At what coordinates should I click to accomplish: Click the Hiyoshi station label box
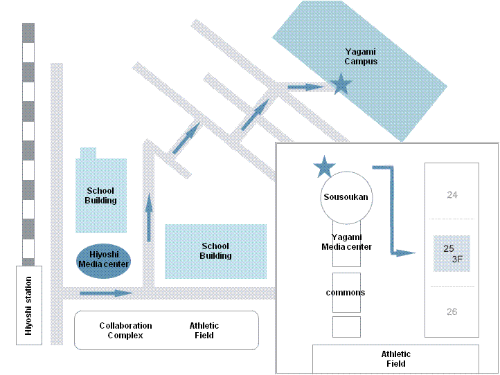pos(28,305)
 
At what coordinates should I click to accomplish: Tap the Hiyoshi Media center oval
pos(104,259)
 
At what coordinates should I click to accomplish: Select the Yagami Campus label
pos(361,56)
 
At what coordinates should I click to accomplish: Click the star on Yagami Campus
pos(340,85)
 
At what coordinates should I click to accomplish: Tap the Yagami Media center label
pos(346,242)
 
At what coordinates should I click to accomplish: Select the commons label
pos(346,293)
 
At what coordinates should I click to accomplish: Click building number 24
pos(452,195)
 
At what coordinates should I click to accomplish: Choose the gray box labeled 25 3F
pos(452,253)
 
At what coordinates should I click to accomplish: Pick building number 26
pos(452,312)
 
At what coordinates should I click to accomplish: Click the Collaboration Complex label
pos(125,331)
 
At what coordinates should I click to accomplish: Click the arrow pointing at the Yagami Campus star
pos(305,87)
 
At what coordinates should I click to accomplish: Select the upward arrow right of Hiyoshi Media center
pos(149,217)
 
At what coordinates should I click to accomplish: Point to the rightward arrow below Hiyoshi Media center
pos(106,293)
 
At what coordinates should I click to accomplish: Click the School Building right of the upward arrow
pos(215,251)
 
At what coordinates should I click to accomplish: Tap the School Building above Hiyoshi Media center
pos(101,195)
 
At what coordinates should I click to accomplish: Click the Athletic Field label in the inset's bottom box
pos(395,359)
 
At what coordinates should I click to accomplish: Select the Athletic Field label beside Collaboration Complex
pos(204,331)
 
